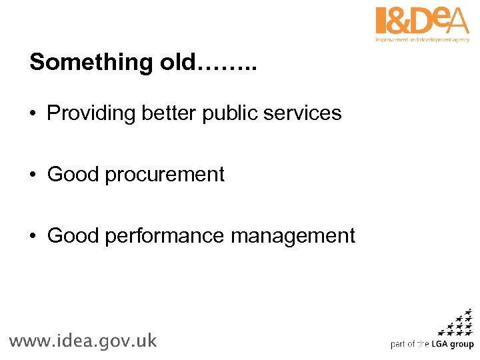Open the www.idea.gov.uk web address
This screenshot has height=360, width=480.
(x=83, y=341)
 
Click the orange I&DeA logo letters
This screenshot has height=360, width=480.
(x=422, y=21)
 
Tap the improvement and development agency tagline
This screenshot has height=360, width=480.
(x=422, y=39)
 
